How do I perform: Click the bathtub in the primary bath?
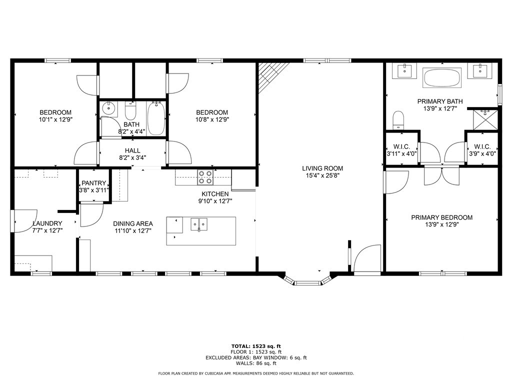coord(442,78)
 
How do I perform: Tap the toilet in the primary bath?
coord(398,119)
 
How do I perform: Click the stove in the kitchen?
coord(205,177)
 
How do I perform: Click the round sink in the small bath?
coord(108,108)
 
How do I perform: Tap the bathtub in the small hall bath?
coord(156,118)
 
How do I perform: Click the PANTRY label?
coord(93,183)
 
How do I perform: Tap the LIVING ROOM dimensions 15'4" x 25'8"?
coord(322,176)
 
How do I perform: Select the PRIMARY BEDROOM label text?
coord(441,217)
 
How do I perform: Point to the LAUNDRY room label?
coord(47,223)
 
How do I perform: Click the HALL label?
coord(132,150)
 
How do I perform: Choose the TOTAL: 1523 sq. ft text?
coord(255,346)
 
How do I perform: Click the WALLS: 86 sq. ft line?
coord(255,363)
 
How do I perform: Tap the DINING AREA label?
coord(132,223)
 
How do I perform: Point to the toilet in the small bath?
coord(130,110)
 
